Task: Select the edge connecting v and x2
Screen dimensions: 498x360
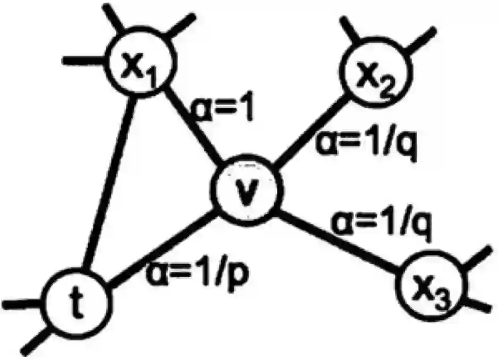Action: pos(311,130)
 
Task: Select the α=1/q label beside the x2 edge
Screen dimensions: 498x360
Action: pos(366,143)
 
